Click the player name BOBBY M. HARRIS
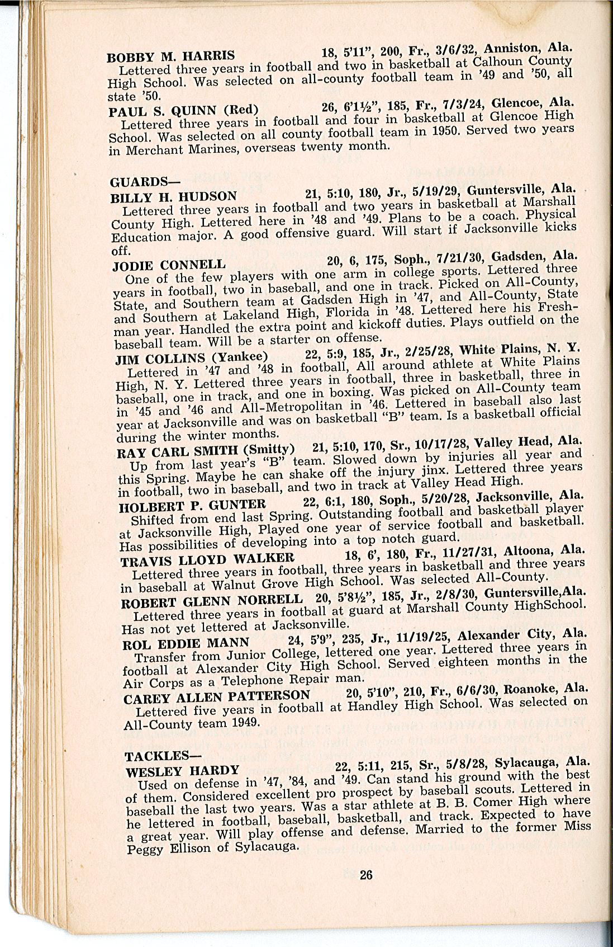[170, 56]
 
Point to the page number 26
[366, 875]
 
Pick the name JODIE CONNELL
[169, 265]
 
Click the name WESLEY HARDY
[182, 771]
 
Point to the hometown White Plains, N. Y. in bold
[519, 348]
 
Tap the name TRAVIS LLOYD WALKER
[207, 559]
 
